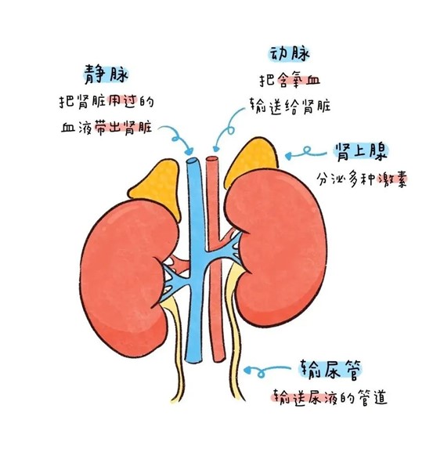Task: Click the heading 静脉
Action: pos(106,74)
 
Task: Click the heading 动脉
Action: pos(290,54)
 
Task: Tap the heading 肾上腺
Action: pos(361,152)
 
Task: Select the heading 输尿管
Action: pos(330,370)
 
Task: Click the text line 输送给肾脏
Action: pos(290,107)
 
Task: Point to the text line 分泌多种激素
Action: pos(362,179)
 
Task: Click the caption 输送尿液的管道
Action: pos(330,398)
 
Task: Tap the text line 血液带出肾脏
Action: pos(106,127)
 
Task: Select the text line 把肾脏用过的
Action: pos(106,102)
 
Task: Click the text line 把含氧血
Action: pos(290,81)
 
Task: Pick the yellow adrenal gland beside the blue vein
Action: pos(158,186)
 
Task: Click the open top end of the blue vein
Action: pos(192,161)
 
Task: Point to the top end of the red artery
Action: pos(212,159)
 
